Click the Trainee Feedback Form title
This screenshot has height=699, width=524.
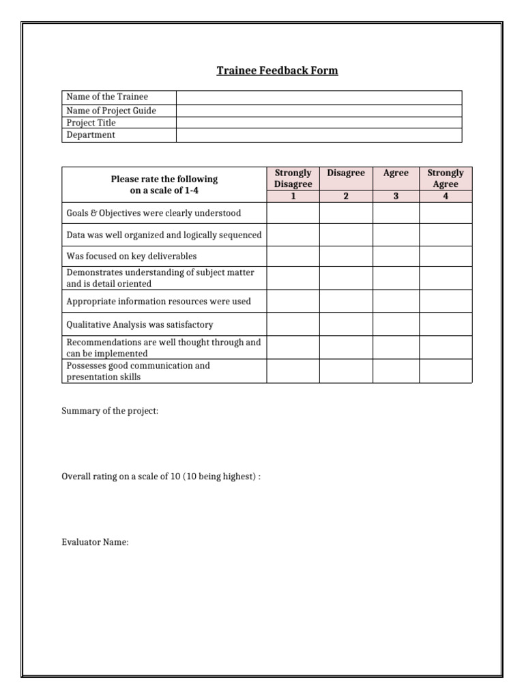pyautogui.click(x=277, y=70)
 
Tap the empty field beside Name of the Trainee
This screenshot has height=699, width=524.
pyautogui.click(x=319, y=98)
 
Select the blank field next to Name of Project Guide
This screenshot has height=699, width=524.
pyautogui.click(x=319, y=111)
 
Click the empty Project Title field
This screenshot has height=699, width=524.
pyautogui.click(x=319, y=123)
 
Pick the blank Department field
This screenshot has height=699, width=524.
pyautogui.click(x=319, y=135)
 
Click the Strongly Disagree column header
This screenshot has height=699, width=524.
pyautogui.click(x=293, y=178)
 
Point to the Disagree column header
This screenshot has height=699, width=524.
pyautogui.click(x=346, y=173)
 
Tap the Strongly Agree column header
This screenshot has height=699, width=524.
pyautogui.click(x=446, y=178)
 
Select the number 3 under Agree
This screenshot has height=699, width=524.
pyautogui.click(x=396, y=197)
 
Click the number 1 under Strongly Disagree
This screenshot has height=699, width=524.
pyautogui.click(x=293, y=197)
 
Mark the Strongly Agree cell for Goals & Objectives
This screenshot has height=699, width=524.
pyautogui.click(x=446, y=213)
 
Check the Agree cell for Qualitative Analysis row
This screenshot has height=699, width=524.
pyautogui.click(x=396, y=324)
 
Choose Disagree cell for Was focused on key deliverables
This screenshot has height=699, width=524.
pyautogui.click(x=346, y=256)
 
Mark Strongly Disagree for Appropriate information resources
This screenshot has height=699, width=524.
pyautogui.click(x=293, y=301)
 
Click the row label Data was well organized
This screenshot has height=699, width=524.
pyautogui.click(x=164, y=235)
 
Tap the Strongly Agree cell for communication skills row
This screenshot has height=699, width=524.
pyautogui.click(x=446, y=371)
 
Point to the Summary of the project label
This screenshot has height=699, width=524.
pyautogui.click(x=110, y=412)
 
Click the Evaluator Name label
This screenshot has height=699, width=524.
pyautogui.click(x=95, y=543)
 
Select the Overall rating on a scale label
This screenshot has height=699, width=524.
pyautogui.click(x=161, y=476)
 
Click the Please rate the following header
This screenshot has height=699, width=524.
pyautogui.click(x=164, y=184)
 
